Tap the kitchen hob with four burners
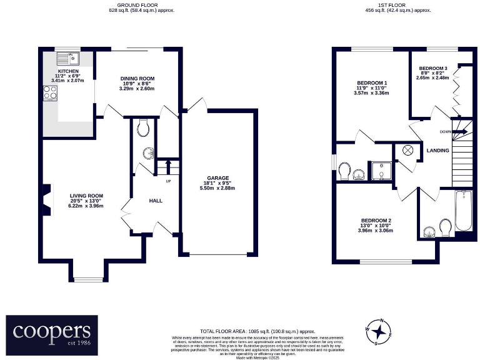pos(49,93)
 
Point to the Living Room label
pos(86,200)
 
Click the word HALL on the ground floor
pos(156,201)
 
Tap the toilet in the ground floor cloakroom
pos(143,128)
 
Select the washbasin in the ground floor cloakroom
pos(147,154)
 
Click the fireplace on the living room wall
pos(46,200)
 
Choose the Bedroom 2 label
pos(376,226)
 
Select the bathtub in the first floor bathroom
pos(464,211)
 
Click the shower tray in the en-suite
pos(379,171)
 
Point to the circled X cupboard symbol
pos(407,149)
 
